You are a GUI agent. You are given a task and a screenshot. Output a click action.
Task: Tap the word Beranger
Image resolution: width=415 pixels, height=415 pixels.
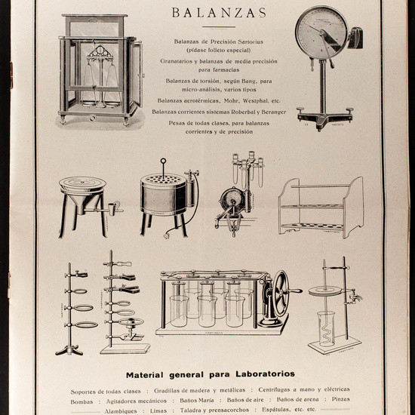(270, 111)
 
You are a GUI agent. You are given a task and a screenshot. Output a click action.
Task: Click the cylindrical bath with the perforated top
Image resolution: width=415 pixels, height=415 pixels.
(164, 194)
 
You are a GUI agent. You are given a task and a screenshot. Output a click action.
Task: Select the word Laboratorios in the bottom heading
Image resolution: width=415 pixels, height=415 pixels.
(253, 374)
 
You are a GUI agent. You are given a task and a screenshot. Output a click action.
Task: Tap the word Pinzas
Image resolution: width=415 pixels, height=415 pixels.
(340, 401)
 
